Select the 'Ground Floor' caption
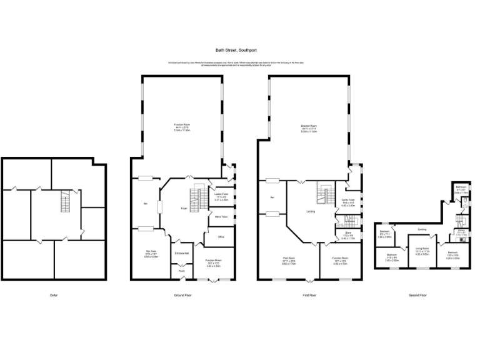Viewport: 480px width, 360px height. coord(182,294)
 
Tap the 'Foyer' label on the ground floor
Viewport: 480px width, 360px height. coord(184,208)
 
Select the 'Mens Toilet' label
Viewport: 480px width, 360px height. coord(219,216)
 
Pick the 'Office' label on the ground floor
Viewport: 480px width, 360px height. coord(221,237)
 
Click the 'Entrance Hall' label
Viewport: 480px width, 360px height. coord(182,252)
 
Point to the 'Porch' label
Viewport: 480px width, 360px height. coord(182,271)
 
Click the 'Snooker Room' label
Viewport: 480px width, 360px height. coord(309,126)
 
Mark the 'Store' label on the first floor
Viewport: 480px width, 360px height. coord(348,234)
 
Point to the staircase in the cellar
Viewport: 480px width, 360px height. coord(64,201)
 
